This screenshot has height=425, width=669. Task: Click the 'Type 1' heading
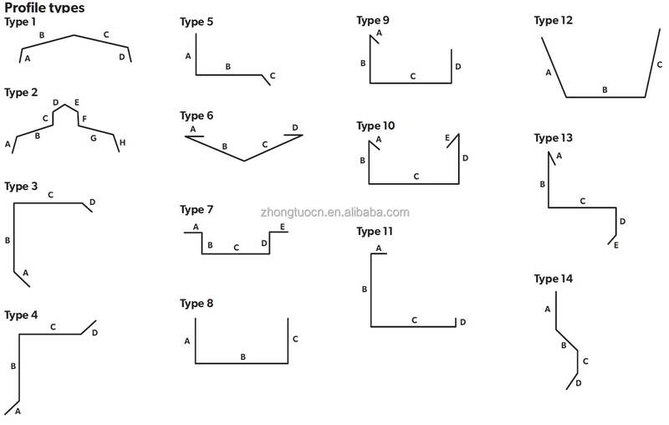(x=20, y=22)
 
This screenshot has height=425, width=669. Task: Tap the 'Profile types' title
(x=44, y=8)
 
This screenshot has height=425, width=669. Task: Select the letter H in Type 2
(x=122, y=142)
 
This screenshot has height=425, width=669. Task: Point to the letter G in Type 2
(x=94, y=138)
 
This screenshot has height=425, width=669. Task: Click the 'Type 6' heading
(x=197, y=115)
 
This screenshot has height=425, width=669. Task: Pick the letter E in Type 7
(x=283, y=227)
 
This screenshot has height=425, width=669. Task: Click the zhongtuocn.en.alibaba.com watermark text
(x=335, y=212)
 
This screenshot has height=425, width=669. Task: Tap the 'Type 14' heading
(x=554, y=279)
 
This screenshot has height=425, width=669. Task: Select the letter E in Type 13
(x=616, y=245)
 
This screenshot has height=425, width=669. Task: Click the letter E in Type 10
(x=447, y=138)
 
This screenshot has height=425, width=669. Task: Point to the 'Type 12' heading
(x=554, y=20)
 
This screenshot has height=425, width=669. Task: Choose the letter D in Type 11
(x=463, y=322)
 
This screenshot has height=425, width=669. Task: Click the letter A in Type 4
(x=18, y=412)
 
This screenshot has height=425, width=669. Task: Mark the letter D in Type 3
(x=92, y=202)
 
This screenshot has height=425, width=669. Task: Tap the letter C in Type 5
(x=273, y=75)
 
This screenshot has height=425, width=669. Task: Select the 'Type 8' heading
(x=197, y=304)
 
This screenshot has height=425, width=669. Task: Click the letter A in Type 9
(x=379, y=33)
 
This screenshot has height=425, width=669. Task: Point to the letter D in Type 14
(x=579, y=383)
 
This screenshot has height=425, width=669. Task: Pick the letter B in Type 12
(x=605, y=90)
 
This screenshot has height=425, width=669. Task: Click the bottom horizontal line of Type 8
(x=242, y=364)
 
